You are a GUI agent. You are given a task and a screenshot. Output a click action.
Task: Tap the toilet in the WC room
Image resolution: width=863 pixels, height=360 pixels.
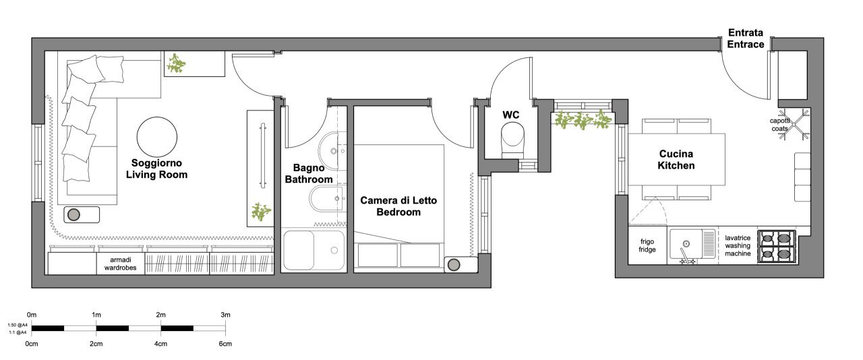tap(512, 140)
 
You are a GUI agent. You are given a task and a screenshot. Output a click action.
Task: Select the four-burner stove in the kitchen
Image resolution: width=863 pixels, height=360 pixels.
tap(775, 246)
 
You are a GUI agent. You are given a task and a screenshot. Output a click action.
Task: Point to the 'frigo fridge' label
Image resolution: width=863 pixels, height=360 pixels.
tap(647, 245)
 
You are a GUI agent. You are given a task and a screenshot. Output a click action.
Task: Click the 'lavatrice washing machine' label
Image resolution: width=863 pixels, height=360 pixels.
tap(738, 245)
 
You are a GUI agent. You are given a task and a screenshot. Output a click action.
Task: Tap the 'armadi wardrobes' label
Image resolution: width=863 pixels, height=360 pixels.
tap(121, 263)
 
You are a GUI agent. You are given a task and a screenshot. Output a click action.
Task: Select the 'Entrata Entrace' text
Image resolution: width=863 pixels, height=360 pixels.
tap(746, 38)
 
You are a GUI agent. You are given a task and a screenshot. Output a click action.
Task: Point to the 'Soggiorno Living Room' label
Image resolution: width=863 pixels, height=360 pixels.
tap(157, 169)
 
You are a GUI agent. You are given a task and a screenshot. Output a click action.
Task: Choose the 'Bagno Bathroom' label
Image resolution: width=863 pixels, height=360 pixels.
tap(309, 173)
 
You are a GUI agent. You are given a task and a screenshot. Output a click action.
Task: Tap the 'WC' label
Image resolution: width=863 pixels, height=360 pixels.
tap(511, 114)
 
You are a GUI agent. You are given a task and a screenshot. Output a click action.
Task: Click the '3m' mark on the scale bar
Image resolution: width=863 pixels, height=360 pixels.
tap(225, 315)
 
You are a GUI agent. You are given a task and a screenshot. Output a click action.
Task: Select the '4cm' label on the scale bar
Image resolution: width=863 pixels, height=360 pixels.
tap(160, 344)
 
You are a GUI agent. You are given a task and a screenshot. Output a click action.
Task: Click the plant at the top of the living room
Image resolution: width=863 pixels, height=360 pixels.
tap(177, 65)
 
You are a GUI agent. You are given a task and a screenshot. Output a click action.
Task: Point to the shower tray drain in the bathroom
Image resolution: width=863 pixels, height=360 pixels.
tap(334, 251)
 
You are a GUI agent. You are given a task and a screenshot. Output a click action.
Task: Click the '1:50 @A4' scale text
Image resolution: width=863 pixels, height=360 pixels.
tap(18, 324)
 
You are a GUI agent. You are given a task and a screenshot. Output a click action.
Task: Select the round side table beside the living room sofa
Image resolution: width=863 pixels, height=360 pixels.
tap(75, 214)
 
